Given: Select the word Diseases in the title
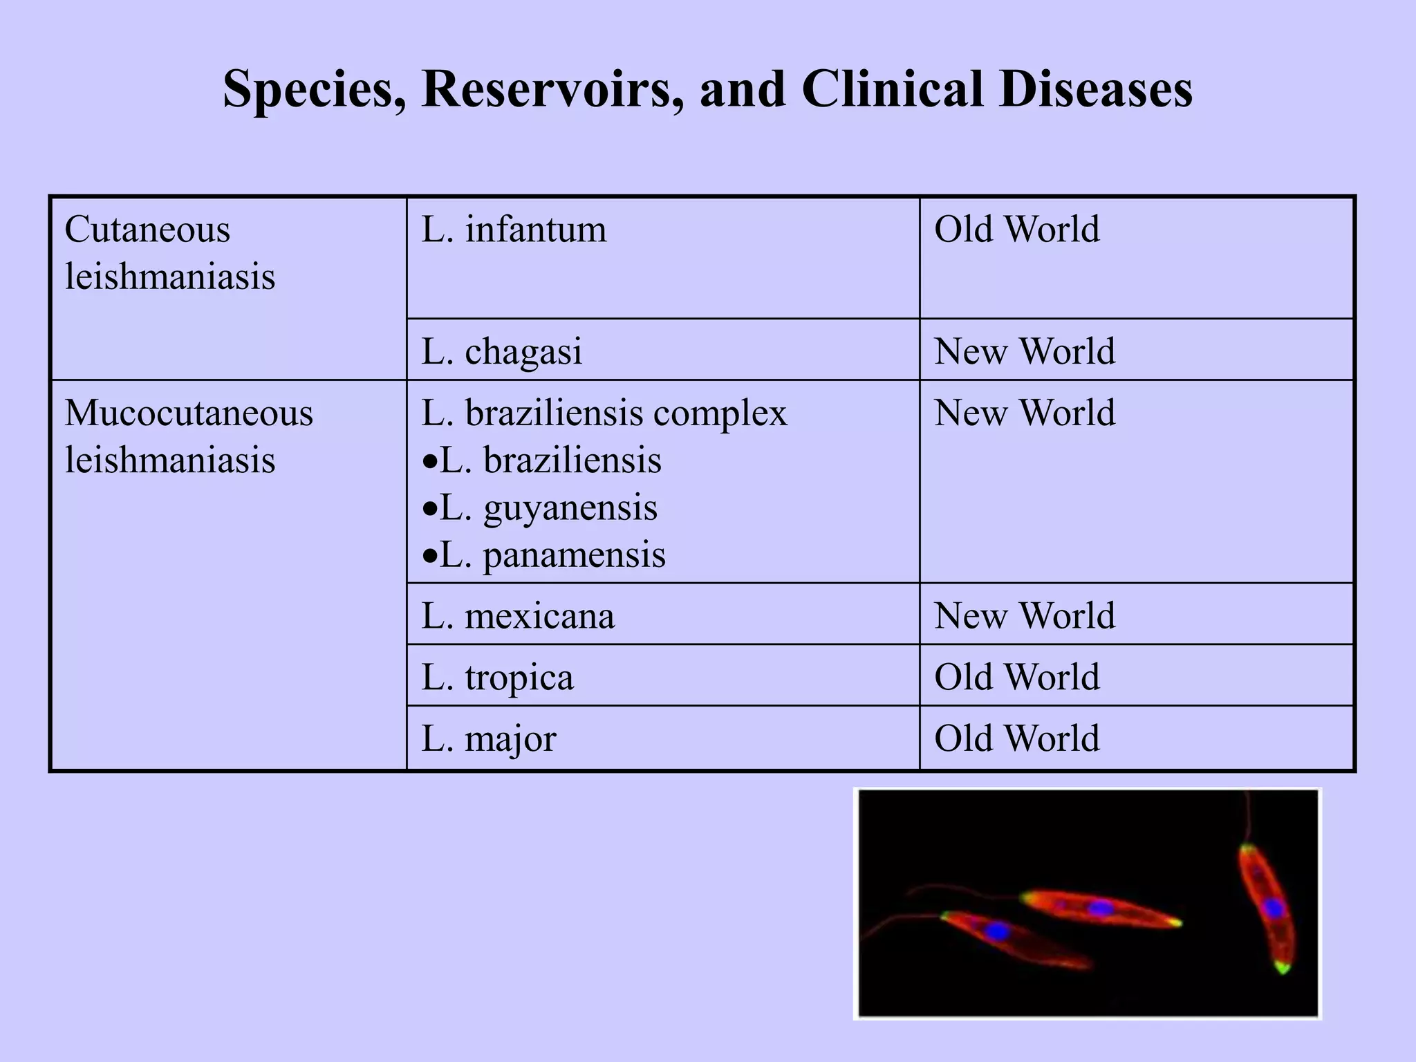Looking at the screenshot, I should click(x=1095, y=90).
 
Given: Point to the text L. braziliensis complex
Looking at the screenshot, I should click(x=604, y=413).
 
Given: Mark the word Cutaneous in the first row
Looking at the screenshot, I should click(x=147, y=230).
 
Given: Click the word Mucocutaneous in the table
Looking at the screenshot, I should click(x=189, y=413).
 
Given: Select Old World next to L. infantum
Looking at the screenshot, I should click(x=1016, y=230).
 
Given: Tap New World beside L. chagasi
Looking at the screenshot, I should click(x=1025, y=351).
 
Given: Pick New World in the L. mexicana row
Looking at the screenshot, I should click(x=1025, y=615).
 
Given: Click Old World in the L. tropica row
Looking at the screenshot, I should click(x=1016, y=677).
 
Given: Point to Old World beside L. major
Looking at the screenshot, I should click(x=1016, y=738).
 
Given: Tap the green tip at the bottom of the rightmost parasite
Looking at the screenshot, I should click(x=1283, y=968).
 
